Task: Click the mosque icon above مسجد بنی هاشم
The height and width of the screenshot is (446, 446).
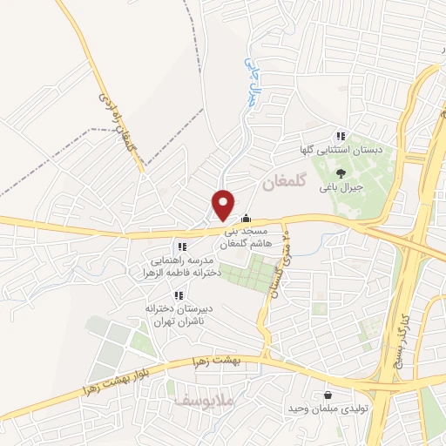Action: pyautogui.click(x=247, y=218)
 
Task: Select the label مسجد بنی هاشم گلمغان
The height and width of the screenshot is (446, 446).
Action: pyautogui.click(x=250, y=239)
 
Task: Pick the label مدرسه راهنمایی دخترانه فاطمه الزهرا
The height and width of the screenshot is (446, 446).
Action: pyautogui.click(x=184, y=266)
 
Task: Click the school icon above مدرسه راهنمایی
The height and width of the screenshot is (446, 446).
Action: pyautogui.click(x=182, y=247)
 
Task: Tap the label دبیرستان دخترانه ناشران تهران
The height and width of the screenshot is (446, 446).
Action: pyautogui.click(x=185, y=314)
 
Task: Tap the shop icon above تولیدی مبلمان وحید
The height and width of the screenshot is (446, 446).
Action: pyautogui.click(x=328, y=393)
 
